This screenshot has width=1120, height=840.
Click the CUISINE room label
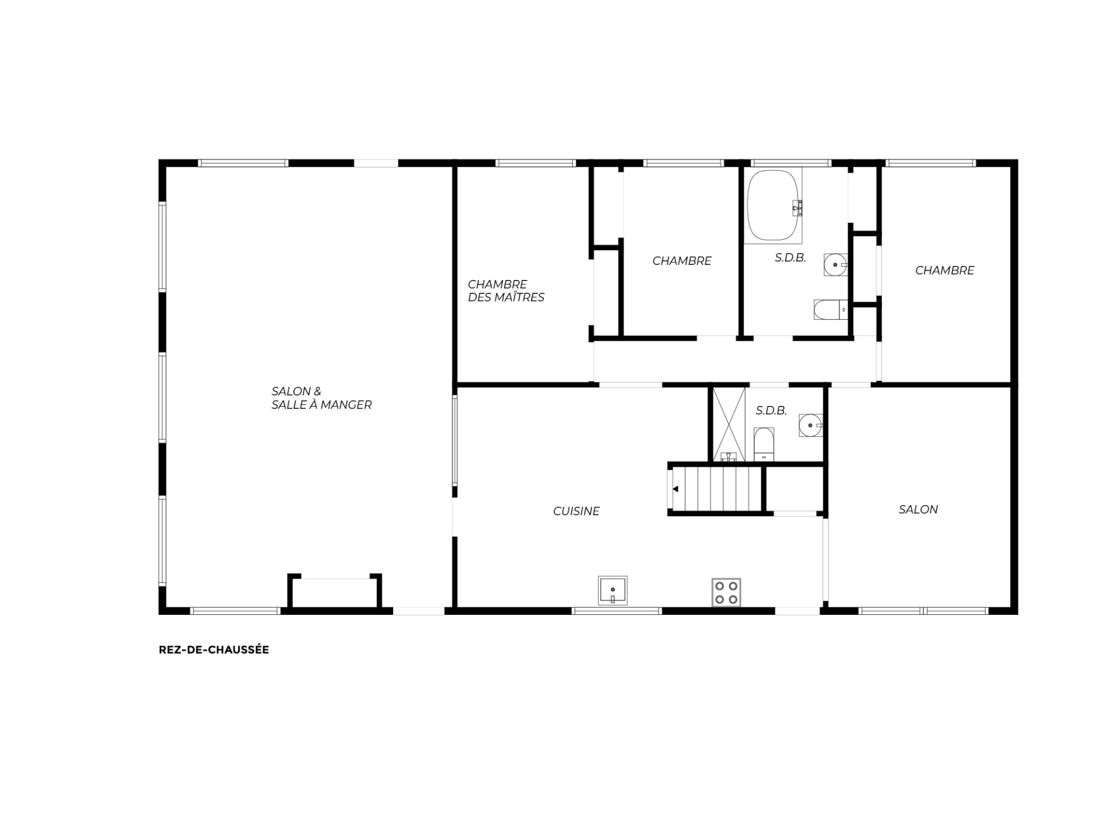(x=576, y=511)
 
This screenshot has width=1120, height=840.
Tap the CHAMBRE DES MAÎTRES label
(x=506, y=290)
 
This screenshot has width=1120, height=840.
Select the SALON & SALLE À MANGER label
(x=321, y=398)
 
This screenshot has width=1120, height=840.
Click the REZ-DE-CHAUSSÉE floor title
(x=213, y=650)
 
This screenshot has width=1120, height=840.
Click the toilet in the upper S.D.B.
(x=831, y=310)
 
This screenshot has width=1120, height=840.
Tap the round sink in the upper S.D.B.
(x=835, y=265)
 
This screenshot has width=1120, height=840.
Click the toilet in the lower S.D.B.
(x=764, y=444)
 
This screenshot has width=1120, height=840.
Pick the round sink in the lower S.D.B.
(x=810, y=425)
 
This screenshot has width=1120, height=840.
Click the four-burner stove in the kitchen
(x=726, y=592)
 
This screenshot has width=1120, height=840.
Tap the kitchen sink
(x=612, y=590)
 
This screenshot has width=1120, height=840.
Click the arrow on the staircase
(x=675, y=489)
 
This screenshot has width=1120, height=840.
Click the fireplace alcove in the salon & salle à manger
(x=335, y=591)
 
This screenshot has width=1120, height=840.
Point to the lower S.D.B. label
(x=771, y=411)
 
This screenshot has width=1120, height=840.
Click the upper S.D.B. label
(x=790, y=257)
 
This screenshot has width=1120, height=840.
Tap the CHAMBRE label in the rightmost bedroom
(x=944, y=270)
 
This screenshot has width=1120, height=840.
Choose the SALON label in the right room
(x=918, y=509)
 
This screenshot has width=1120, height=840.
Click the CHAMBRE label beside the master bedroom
(x=682, y=261)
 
